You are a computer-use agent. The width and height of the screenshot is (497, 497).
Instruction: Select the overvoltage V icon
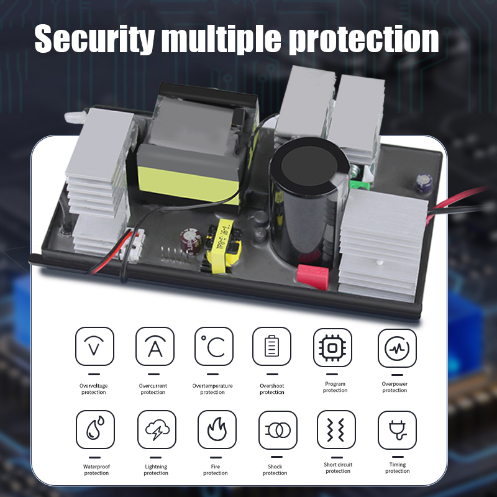click(94, 346)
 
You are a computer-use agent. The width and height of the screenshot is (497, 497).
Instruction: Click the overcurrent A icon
click(155, 346)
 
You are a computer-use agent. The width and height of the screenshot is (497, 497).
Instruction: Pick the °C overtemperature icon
click(214, 346)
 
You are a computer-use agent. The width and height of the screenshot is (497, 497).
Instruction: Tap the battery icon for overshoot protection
click(271, 346)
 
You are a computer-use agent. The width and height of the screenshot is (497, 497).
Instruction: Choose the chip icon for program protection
click(332, 348)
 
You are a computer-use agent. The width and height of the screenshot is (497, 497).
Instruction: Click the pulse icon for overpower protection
click(397, 348)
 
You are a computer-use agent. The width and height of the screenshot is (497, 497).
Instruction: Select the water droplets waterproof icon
click(95, 429)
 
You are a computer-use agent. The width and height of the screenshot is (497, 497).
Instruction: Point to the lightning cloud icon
click(157, 429)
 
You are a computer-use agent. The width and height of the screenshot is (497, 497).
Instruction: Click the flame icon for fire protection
click(217, 429)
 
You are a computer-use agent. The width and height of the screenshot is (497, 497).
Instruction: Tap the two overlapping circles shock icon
click(278, 430)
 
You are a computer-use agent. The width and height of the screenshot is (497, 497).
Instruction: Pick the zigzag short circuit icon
click(336, 429)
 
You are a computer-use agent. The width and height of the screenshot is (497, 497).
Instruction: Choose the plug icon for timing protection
click(397, 430)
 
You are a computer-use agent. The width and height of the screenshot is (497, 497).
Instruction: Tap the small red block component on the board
click(313, 276)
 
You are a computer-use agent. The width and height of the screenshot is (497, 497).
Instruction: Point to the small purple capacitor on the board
click(424, 183)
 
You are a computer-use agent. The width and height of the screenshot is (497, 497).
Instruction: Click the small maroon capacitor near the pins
click(191, 242)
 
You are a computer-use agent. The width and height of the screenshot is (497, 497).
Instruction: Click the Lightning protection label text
click(156, 470)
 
